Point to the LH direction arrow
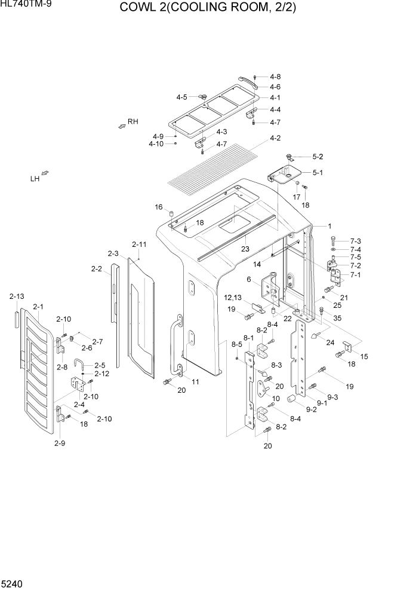(45, 174)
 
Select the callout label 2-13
(17, 296)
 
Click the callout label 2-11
(139, 244)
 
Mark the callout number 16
(159, 207)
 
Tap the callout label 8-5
(236, 344)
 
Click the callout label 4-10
(156, 143)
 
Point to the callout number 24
(329, 343)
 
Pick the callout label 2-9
(59, 443)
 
